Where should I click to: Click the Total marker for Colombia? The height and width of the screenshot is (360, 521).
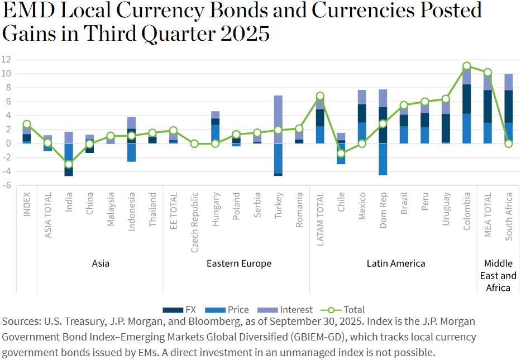click(x=467, y=66)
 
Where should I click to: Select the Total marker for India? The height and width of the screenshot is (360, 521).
click(x=69, y=164)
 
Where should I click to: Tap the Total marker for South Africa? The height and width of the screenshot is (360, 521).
click(x=509, y=143)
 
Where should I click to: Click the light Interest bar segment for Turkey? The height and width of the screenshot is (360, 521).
click(x=278, y=119)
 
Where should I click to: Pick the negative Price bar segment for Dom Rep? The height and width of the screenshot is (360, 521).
click(x=383, y=159)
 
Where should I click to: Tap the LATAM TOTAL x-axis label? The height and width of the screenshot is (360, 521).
click(x=320, y=217)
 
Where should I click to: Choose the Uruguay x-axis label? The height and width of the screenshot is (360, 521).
click(x=446, y=209)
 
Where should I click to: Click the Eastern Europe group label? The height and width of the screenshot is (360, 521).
click(x=239, y=263)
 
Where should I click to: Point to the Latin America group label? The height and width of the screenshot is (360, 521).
click(x=396, y=263)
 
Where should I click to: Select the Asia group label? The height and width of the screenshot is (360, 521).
click(x=101, y=263)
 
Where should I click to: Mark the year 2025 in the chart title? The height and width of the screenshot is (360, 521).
click(x=245, y=33)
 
